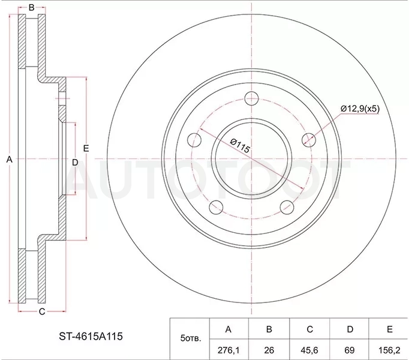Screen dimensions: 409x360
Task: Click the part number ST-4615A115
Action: point(91,336)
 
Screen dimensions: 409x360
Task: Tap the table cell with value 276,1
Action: point(228,350)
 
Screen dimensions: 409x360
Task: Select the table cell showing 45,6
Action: point(309,350)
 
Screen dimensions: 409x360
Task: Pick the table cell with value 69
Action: point(349,350)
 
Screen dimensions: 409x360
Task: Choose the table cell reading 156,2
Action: point(389,350)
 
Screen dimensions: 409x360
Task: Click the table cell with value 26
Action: point(269,350)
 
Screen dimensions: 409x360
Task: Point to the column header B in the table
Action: point(269,329)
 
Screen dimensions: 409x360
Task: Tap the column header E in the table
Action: point(389,329)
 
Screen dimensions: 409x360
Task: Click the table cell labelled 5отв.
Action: point(190,339)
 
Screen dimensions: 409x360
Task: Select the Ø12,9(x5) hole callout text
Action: point(360,109)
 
